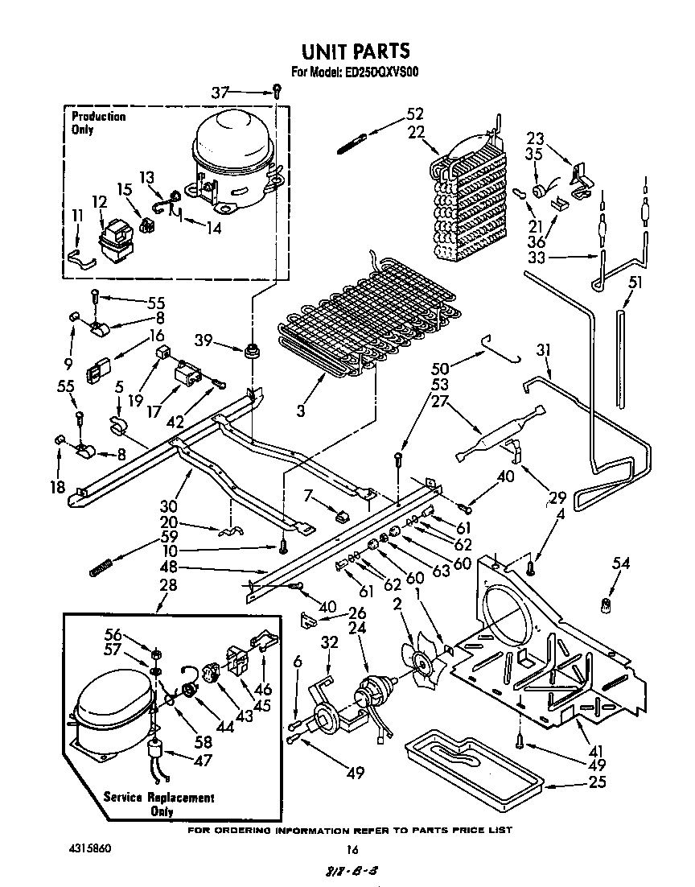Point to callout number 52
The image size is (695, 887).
coord(414,114)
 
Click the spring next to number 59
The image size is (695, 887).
coord(98,569)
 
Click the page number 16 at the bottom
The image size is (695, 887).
coord(351,849)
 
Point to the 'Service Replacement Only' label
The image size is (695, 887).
coord(159,804)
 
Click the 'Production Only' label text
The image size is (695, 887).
coord(98,122)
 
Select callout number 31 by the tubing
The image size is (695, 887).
coord(545,350)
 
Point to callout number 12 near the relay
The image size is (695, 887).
coord(99,201)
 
